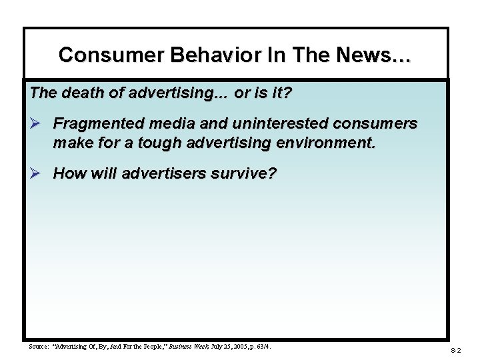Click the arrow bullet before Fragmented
(37, 124)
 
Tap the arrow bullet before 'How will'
(37, 174)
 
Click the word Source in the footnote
(39, 347)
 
